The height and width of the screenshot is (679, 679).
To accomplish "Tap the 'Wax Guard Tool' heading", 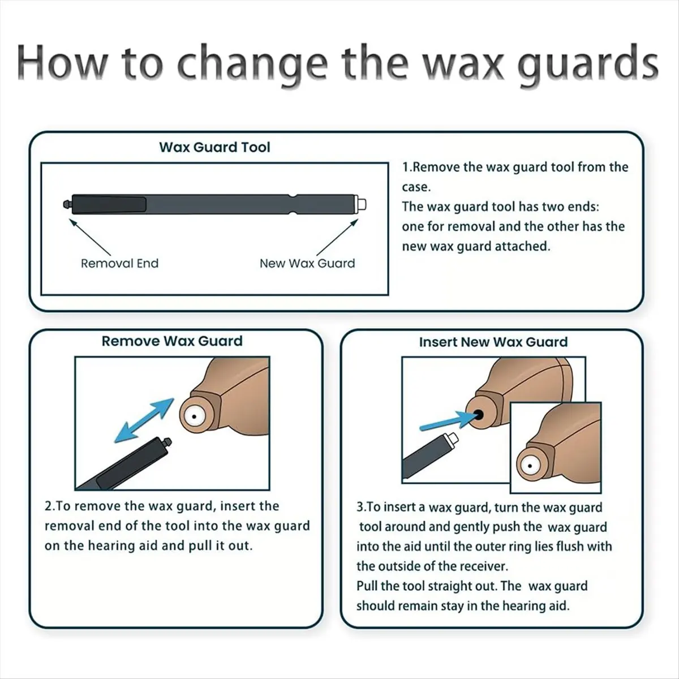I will tap(214, 147).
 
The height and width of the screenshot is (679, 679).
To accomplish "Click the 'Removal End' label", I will tap(119, 263).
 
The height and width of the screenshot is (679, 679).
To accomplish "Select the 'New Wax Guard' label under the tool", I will tap(307, 263).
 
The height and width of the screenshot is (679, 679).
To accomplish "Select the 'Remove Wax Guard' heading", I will tap(172, 341).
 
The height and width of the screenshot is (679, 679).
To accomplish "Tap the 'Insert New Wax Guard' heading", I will tap(493, 342).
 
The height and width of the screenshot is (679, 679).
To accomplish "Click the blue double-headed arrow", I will tap(144, 419).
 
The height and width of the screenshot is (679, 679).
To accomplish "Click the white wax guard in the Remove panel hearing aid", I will tap(194, 416).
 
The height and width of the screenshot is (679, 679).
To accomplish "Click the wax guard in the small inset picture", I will tap(530, 466).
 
